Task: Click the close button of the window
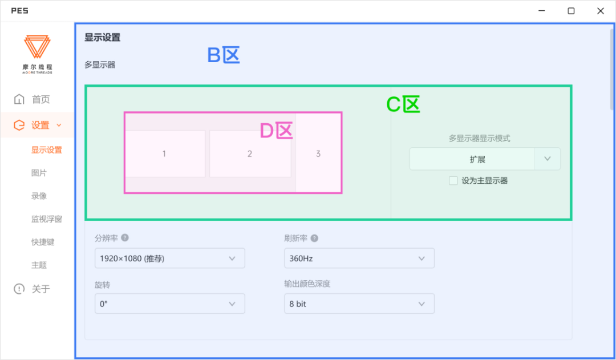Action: coord(601,11)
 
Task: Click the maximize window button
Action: coord(571,11)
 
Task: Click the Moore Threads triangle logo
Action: coord(37,47)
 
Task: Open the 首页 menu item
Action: coord(40,100)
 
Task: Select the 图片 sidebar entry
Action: coord(39,173)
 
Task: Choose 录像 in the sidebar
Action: coord(39,196)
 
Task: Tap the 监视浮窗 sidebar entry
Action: coord(46,219)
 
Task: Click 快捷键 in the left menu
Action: coord(43,242)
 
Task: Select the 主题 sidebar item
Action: coord(39,265)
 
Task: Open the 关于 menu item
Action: coord(40,289)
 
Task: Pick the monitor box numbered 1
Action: coord(164,153)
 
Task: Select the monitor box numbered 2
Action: coord(250,153)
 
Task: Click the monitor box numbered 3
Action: coord(318,153)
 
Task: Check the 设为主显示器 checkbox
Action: coord(453,181)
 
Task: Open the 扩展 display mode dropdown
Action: coord(485,159)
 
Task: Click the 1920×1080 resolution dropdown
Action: coord(169,258)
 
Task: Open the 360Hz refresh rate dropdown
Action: coord(359,258)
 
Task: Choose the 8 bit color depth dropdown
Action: coord(359,304)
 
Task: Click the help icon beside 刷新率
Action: coord(314,238)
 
